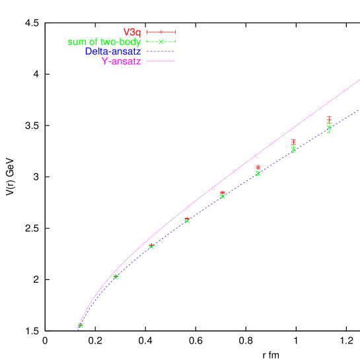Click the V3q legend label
point(132,32)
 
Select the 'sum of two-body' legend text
point(104,42)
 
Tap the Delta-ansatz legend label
point(113,52)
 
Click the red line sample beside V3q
point(161,32)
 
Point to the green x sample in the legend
point(161,42)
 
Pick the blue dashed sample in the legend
point(161,52)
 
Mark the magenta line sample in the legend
point(161,61)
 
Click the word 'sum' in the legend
point(77,42)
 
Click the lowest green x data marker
point(81,326)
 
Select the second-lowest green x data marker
point(116,277)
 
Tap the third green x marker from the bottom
point(151,246)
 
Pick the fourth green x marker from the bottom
point(187,221)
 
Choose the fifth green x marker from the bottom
point(223,196)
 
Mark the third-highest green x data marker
point(258,174)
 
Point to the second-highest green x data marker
point(293,150)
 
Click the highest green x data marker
point(329,127)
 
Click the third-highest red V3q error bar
point(258,167)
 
